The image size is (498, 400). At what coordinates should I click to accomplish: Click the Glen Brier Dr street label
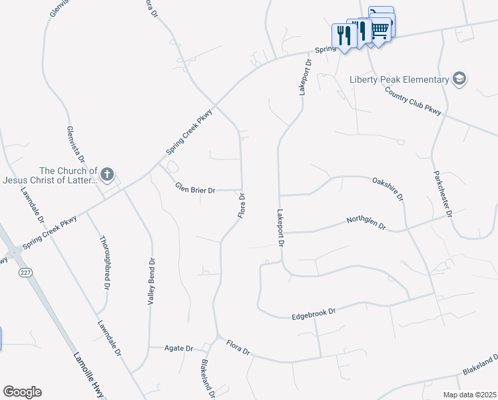(x=195, y=189)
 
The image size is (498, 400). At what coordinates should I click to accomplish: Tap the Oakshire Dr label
(x=388, y=188)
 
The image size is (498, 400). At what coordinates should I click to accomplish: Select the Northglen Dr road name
(x=366, y=223)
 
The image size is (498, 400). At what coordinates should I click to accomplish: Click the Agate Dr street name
(x=179, y=348)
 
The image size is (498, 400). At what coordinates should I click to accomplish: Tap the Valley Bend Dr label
(x=150, y=281)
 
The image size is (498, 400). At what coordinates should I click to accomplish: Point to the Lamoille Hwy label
(x=89, y=373)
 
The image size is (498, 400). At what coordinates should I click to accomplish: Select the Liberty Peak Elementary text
(x=399, y=80)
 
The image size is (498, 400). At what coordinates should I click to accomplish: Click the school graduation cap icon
(x=459, y=79)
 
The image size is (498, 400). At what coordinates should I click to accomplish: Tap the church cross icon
(x=107, y=175)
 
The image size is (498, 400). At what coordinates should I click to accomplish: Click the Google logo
(x=22, y=392)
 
